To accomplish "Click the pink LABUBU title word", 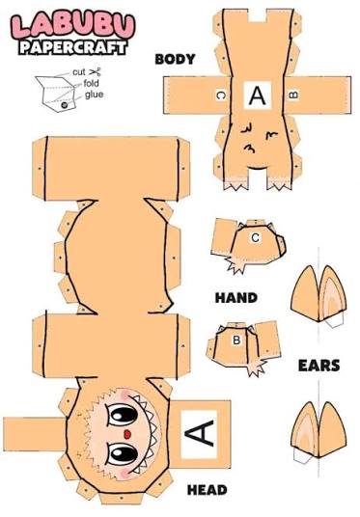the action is point(73,25).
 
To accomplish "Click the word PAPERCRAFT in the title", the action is point(73,47).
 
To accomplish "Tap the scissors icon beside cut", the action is point(95,71).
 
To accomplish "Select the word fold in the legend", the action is point(91,83).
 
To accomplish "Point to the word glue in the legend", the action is point(94,95).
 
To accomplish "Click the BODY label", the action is point(175,60).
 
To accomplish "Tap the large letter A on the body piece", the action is point(258,95).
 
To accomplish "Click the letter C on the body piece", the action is point(221,95).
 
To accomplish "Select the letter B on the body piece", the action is point(293,95).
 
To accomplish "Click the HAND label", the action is point(236,298).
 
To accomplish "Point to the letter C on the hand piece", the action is point(255,237).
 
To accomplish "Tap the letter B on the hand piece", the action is point(236,340).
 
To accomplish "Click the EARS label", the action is point(318,366).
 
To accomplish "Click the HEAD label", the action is point(207,490).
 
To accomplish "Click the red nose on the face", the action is point(127,435).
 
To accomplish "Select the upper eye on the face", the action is point(123,415).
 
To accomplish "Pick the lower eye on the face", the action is point(123,455).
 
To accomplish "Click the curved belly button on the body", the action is point(257,168).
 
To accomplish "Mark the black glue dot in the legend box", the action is point(65,104).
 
